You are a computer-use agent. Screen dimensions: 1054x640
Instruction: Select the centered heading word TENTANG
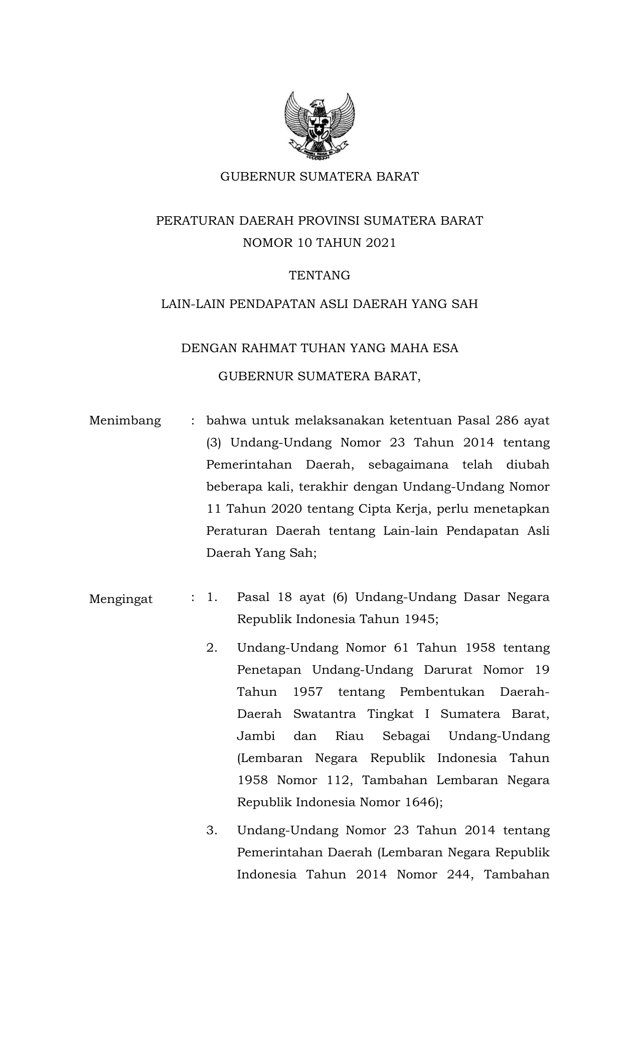[x=319, y=275]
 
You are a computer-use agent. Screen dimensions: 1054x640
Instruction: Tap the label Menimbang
[x=125, y=420]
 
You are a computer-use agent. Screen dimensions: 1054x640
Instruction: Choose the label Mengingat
[x=121, y=599]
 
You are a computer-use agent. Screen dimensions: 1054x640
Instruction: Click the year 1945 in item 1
[x=420, y=619]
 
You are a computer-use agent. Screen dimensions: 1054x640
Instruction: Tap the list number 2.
[x=212, y=648]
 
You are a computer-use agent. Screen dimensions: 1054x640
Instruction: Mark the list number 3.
[x=212, y=830]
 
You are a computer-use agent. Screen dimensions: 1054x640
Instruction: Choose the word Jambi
[x=256, y=736]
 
